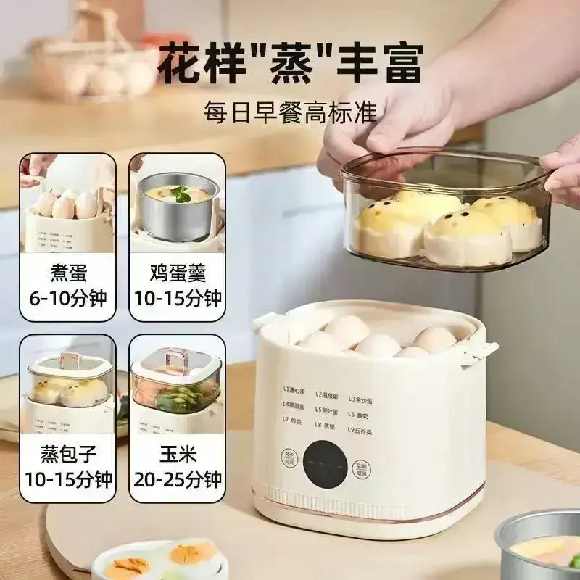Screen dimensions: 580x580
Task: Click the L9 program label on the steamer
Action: pyautogui.click(x=360, y=428)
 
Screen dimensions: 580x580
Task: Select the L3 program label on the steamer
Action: pyautogui.click(x=362, y=397)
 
